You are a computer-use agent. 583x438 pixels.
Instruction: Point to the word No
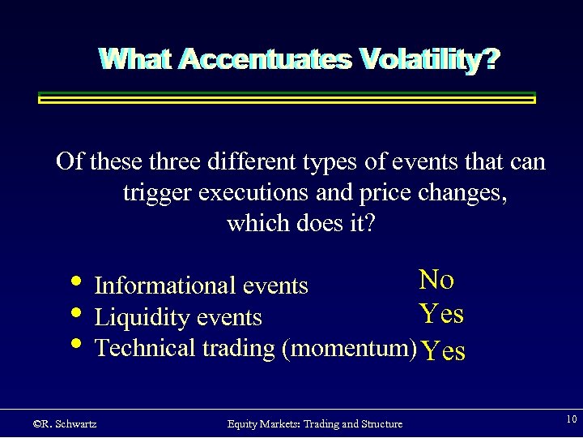[x=436, y=280]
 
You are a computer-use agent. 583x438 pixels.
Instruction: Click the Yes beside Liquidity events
[x=441, y=313]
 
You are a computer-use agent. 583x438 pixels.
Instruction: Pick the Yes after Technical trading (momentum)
[x=444, y=350]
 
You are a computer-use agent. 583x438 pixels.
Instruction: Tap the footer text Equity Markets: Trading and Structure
[x=314, y=423]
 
